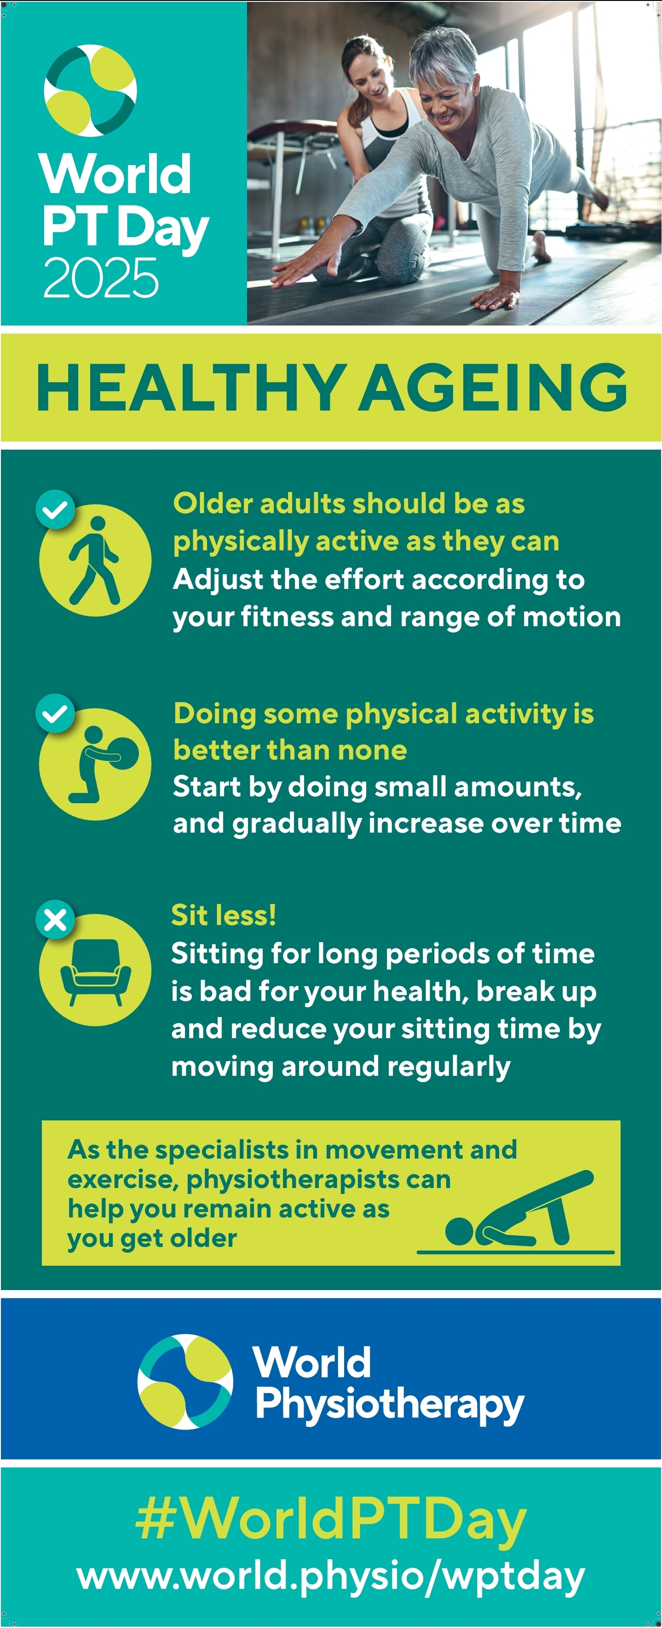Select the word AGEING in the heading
493,388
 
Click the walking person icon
95,560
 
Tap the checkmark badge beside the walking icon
56,509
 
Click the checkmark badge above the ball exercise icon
56,714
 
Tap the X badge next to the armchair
56,920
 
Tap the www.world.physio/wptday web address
331,1577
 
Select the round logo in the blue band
185,1382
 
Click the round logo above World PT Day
91,91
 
